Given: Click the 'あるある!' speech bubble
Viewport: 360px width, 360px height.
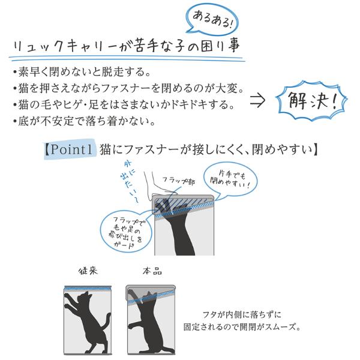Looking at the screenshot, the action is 211,20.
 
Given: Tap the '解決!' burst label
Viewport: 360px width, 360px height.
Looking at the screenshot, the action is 312,101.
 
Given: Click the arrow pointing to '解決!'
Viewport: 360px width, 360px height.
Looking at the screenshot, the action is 257,100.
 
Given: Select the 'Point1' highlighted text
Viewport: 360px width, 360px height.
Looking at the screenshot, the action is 70,149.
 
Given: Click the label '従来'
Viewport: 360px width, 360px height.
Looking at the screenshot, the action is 88,271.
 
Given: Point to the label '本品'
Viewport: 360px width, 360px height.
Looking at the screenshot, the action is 152,271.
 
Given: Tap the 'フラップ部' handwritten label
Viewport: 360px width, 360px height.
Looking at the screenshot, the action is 179,181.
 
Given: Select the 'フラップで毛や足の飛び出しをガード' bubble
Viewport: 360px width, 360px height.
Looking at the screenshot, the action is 126,232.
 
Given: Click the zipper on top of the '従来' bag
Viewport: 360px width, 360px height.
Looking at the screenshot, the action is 88,288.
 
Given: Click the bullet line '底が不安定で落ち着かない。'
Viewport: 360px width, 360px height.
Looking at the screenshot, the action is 84,121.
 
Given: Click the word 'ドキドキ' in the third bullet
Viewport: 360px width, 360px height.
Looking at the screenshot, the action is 181,104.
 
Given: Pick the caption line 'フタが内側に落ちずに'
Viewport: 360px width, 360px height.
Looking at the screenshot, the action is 242,314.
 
